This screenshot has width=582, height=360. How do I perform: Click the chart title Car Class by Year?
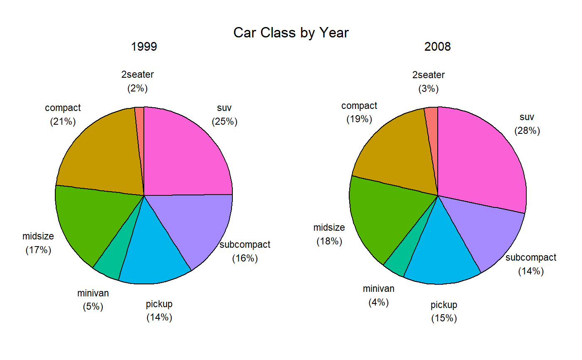coord(291,32)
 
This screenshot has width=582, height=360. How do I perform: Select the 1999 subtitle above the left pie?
coord(144,47)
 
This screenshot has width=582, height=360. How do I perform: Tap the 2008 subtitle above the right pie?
coord(437,47)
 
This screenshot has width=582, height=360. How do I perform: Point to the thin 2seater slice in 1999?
coord(140,125)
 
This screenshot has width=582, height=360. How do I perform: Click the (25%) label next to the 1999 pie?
coord(224,122)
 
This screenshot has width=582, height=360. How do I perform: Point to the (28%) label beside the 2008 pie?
coord(527,131)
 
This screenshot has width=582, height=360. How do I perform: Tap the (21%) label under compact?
coord(63,122)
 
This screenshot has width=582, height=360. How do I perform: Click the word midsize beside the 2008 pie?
coord(329,227)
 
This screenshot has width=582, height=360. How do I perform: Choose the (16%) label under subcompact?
coord(245,258)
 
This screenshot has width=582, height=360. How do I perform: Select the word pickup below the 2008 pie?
coord(444,305)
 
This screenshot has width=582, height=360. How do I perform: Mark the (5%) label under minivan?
coord(93,307)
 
